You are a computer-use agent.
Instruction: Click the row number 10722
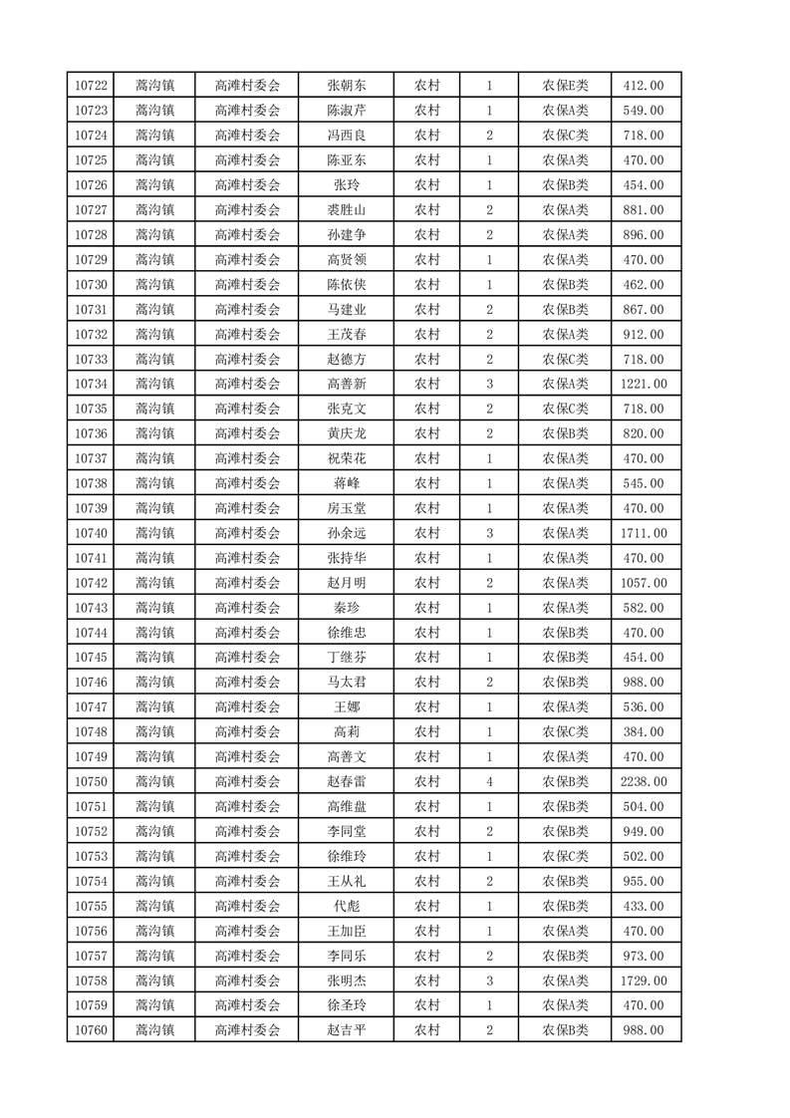tap(91, 86)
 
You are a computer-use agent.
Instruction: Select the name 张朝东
tap(346, 86)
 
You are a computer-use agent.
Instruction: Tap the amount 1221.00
tap(643, 384)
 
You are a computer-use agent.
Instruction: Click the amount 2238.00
tap(643, 782)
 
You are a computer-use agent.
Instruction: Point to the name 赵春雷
tap(346, 782)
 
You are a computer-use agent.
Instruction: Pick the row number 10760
tap(91, 1030)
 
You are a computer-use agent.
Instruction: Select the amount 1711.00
tap(643, 533)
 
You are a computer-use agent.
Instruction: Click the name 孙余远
tap(346, 533)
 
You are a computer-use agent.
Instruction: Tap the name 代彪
tap(346, 906)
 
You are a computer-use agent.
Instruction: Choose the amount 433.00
tap(643, 906)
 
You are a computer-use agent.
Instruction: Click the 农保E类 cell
tap(565, 86)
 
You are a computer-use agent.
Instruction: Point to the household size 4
tap(489, 782)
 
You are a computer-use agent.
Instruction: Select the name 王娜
tap(346, 707)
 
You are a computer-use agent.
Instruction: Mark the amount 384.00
tap(643, 732)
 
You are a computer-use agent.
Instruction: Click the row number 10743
tap(91, 608)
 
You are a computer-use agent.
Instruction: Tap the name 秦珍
tap(346, 608)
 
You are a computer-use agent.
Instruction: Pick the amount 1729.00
tap(643, 980)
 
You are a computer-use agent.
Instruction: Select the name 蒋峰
tap(346, 483)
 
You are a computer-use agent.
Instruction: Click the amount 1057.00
tap(643, 583)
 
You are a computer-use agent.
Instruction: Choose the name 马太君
tap(346, 683)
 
